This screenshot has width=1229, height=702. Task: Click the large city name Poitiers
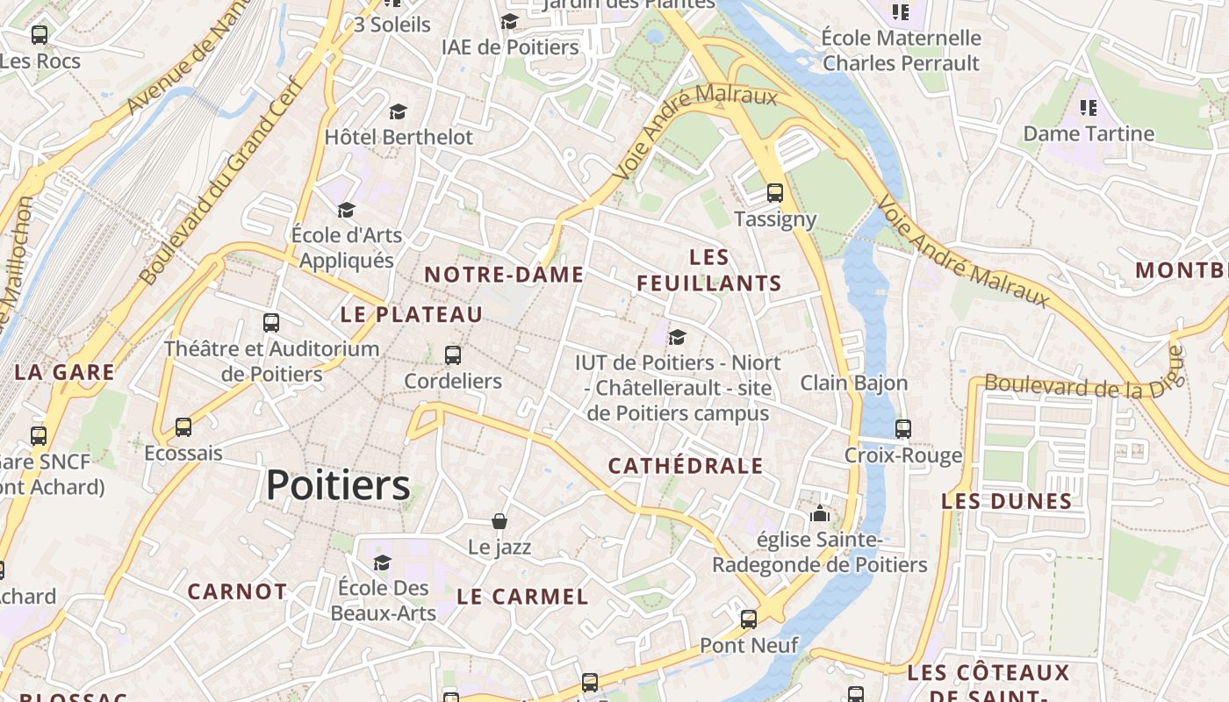click(338, 485)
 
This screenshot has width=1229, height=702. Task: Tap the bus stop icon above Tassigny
click(774, 193)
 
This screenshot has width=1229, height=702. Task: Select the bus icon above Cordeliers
click(453, 355)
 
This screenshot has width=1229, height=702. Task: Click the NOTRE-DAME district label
click(504, 275)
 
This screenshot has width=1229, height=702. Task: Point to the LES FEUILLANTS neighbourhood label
click(709, 270)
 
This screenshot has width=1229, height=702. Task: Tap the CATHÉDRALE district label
click(686, 466)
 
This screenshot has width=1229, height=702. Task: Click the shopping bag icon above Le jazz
click(500, 521)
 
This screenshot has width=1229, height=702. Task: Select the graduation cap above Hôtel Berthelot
click(399, 111)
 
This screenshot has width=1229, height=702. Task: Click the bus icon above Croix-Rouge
click(903, 429)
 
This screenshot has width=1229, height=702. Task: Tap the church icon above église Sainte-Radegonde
click(820, 513)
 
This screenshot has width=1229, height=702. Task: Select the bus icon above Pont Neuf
click(749, 620)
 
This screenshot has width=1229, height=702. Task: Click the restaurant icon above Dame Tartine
click(1089, 108)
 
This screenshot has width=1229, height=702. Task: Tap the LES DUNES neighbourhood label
click(1007, 502)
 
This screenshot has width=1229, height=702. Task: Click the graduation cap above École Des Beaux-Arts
click(382, 562)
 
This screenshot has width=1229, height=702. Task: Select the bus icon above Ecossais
click(183, 427)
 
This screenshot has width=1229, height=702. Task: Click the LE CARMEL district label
click(522, 597)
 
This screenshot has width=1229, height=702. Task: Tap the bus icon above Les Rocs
click(40, 35)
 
